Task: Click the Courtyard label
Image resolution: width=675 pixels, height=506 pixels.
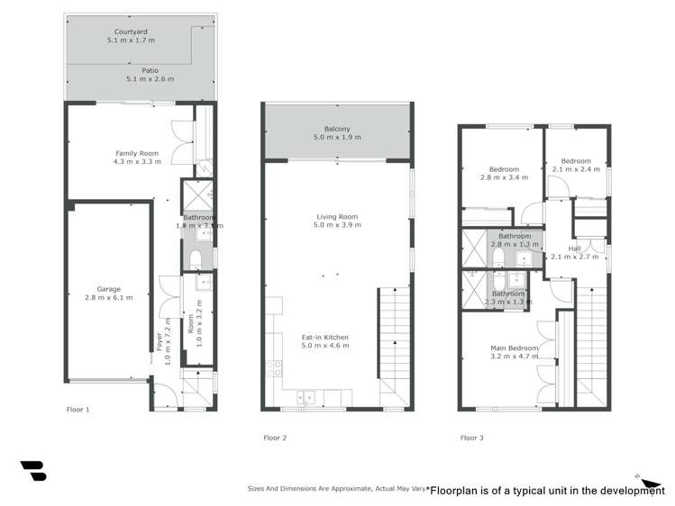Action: pyautogui.click(x=132, y=30)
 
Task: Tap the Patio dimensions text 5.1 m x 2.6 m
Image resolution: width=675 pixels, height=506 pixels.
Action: pyautogui.click(x=150, y=79)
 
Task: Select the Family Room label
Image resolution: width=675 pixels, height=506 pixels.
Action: pyautogui.click(x=137, y=153)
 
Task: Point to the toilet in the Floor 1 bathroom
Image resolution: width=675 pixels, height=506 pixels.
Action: pyautogui.click(x=196, y=259)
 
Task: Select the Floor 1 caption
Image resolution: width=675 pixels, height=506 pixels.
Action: pyautogui.click(x=78, y=410)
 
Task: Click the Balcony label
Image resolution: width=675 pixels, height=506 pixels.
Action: pyautogui.click(x=337, y=128)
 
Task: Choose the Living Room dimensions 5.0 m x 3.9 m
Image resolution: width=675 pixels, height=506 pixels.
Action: pyautogui.click(x=338, y=225)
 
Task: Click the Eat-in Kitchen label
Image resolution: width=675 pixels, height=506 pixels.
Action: pyautogui.click(x=324, y=338)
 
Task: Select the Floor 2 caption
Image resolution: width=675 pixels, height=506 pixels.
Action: pyautogui.click(x=275, y=438)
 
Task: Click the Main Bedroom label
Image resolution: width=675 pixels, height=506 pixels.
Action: pyautogui.click(x=515, y=348)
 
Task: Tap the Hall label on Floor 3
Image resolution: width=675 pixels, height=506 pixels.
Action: pyautogui.click(x=575, y=248)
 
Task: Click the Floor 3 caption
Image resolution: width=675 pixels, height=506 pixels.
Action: pyautogui.click(x=471, y=438)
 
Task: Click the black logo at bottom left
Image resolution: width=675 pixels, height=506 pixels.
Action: pyautogui.click(x=33, y=470)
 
